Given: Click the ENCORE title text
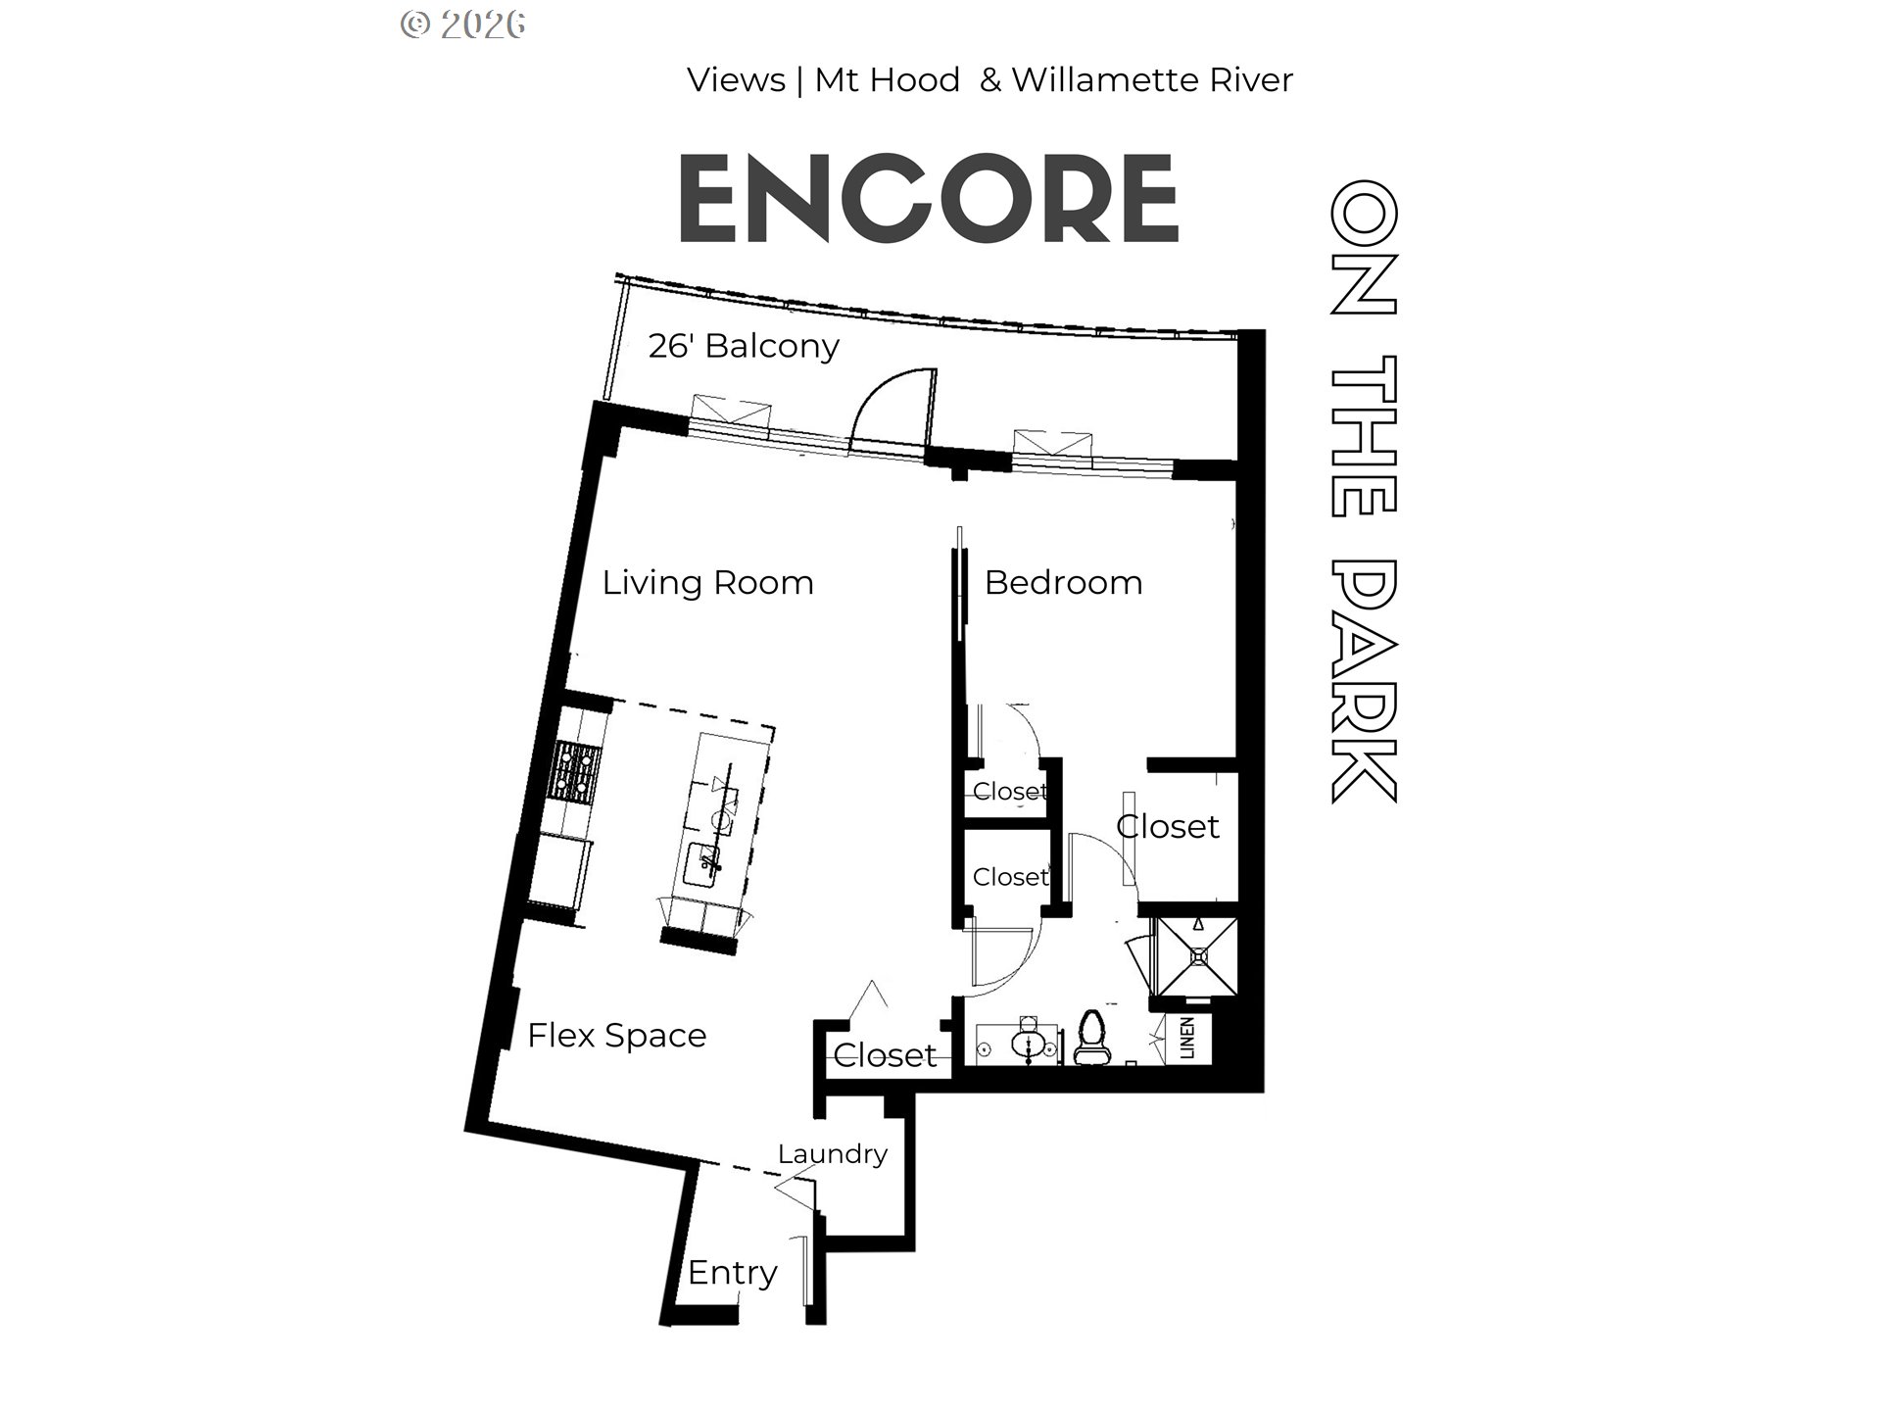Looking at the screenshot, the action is coord(928,199).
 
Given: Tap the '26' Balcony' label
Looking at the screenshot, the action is coord(744,346).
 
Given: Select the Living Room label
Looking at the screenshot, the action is coord(707,583).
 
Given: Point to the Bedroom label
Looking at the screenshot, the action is coord(1063,583).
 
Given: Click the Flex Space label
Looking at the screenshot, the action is coord(616,1036).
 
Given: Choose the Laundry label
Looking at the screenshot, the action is coord(833,1154).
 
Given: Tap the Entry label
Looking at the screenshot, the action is coord(732,1273).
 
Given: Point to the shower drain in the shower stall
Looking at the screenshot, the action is coord(1198,955).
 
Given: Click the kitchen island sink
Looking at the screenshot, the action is coord(704,864).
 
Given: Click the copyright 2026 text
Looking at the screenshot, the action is coord(463,24).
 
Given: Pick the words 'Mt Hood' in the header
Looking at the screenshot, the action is coord(887,80).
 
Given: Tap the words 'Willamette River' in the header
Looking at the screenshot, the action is coord(1152,80).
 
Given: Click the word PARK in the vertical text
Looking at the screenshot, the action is coord(1363,680).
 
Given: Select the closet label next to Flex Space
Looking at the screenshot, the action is coord(885,1055).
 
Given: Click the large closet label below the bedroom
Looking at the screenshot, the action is coord(1168,827).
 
